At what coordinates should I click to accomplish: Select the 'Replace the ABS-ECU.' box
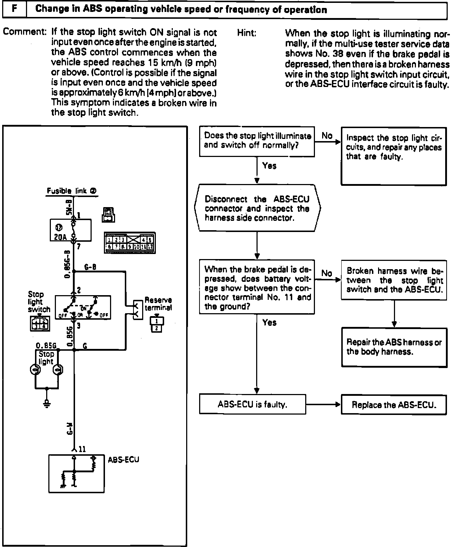pyautogui.click(x=394, y=404)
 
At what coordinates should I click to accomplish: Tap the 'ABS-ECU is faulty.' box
pyautogui.click(x=252, y=404)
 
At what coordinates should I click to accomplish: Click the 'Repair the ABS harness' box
pyautogui.click(x=394, y=347)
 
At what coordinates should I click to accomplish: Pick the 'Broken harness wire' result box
pyautogui.click(x=394, y=280)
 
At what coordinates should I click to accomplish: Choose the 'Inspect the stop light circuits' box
pyautogui.click(x=394, y=156)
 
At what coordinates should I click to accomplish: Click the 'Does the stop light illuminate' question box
pyautogui.click(x=257, y=141)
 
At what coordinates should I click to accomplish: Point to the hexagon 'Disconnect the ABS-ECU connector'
pyautogui.click(x=257, y=208)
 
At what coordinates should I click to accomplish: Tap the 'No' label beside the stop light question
pyautogui.click(x=327, y=136)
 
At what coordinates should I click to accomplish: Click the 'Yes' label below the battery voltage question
pyautogui.click(x=269, y=323)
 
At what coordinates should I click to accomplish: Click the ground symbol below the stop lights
pyautogui.click(x=47, y=403)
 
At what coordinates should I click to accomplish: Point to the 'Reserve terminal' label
pyautogui.click(x=158, y=304)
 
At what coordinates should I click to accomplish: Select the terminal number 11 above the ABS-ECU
pyautogui.click(x=82, y=449)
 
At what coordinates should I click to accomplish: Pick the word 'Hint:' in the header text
pyautogui.click(x=247, y=33)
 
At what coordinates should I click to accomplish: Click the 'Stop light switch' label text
pyautogui.click(x=38, y=302)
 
